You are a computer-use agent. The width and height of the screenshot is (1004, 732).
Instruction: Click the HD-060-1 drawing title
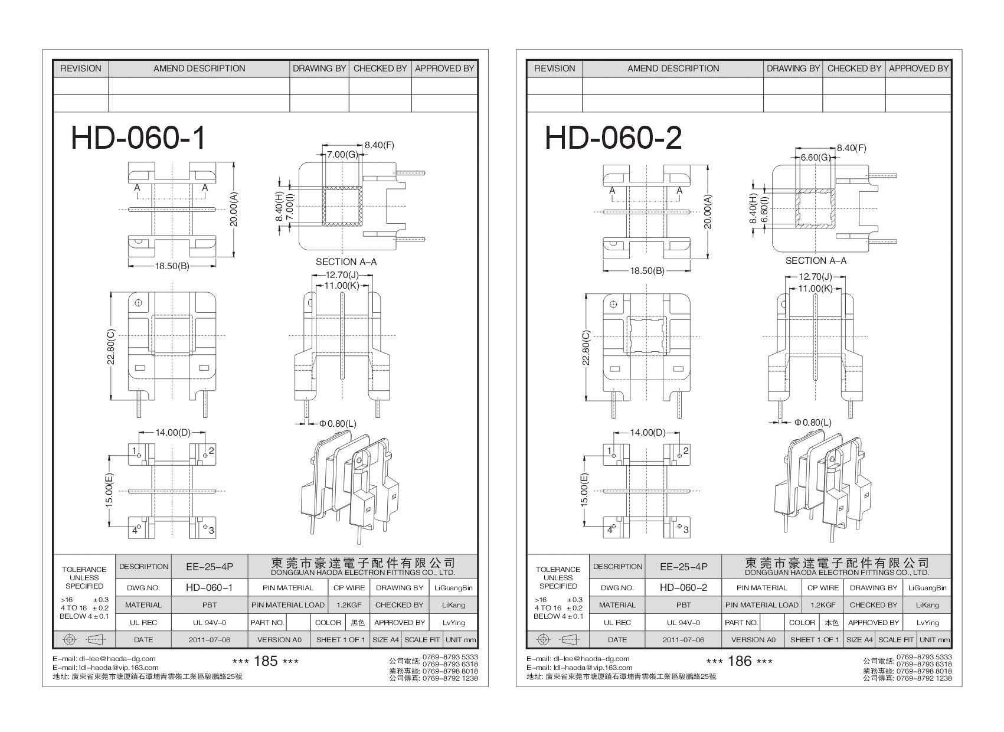pos(139,138)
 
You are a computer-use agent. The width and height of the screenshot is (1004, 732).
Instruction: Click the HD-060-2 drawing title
pos(613,138)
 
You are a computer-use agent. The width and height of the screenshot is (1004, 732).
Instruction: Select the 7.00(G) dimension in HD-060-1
pos(343,155)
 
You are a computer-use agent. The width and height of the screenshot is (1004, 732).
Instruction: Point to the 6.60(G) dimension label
pos(816,158)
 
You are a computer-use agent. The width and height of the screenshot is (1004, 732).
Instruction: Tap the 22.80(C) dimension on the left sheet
pos(111,347)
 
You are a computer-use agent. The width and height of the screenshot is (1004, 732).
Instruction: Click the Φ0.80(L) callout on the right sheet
pos(813,423)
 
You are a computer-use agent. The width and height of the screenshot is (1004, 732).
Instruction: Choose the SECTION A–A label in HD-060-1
pos(346,262)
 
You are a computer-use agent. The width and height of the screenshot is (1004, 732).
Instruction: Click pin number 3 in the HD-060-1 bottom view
pos(211,531)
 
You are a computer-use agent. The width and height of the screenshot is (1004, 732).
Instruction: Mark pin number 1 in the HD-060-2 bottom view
pos(609,451)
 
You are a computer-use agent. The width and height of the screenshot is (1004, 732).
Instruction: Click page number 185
pos(265,661)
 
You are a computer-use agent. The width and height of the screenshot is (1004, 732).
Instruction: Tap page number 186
pos(740,661)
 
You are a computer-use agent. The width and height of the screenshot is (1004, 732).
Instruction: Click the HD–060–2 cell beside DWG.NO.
pos(683,588)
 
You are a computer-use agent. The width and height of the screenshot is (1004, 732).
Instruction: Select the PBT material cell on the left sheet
pos(210,605)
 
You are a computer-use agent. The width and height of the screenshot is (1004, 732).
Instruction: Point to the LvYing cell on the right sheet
pos(928,622)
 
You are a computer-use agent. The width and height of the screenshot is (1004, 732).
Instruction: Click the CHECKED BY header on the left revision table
pos(380,68)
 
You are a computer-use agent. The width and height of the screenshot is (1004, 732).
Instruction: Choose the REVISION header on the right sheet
pos(554,68)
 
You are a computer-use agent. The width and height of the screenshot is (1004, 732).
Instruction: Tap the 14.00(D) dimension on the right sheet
pos(647,433)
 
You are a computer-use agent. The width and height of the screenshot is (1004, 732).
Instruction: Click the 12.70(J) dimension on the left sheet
pos(342,275)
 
